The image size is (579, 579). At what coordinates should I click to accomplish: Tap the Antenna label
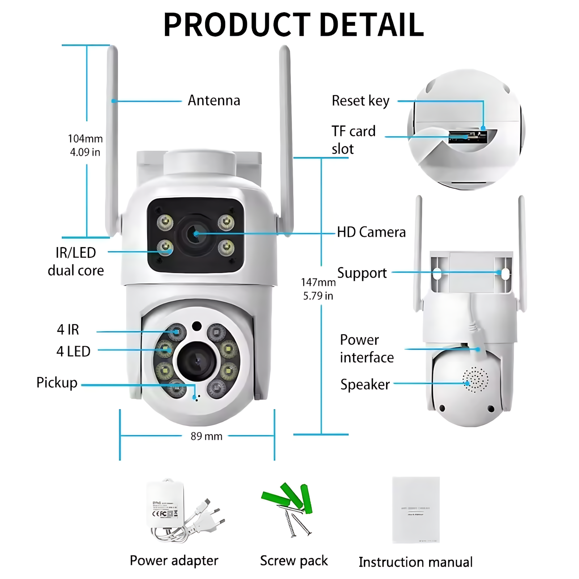click(214, 101)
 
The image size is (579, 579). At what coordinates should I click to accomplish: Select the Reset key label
click(360, 101)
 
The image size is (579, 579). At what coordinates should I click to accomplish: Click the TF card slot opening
click(467, 137)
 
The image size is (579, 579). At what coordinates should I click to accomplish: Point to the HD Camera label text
click(371, 232)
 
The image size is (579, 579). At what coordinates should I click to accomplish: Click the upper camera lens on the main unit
click(195, 234)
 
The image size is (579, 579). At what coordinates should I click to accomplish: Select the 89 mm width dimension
click(206, 436)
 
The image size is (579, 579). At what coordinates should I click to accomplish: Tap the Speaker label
click(365, 384)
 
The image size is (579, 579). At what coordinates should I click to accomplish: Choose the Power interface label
click(366, 348)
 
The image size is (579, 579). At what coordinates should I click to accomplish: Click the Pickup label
click(57, 383)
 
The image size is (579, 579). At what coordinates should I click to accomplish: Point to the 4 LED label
click(73, 351)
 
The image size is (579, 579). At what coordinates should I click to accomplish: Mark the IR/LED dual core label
click(76, 262)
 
